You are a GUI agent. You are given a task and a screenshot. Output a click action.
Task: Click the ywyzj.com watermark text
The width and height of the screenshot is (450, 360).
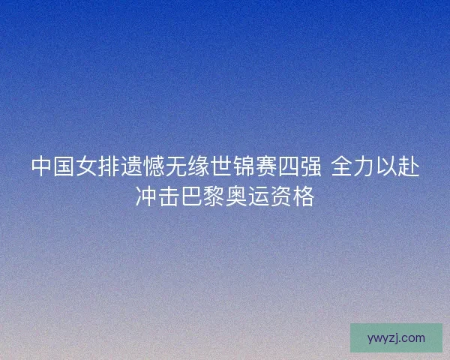pos(396,338)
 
